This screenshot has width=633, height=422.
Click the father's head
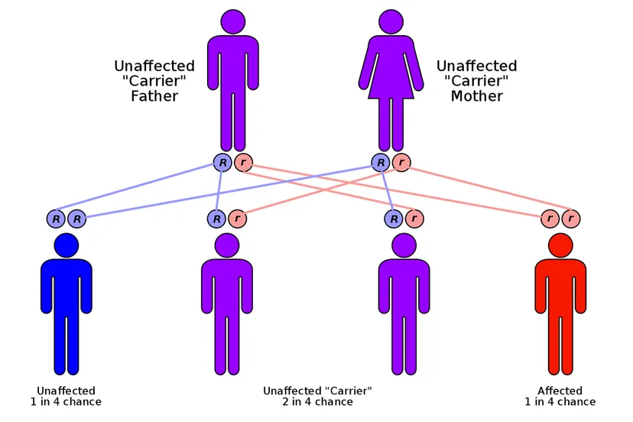click(x=232, y=21)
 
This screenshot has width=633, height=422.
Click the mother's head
click(x=391, y=21)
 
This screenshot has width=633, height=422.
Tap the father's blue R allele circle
click(x=222, y=162)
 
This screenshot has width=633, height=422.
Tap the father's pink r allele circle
click(x=243, y=162)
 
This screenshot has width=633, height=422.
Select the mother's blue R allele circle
click(x=381, y=162)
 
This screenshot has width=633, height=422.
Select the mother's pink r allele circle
click(x=401, y=162)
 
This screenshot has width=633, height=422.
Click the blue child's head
click(x=67, y=245)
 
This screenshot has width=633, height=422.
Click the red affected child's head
click(x=560, y=245)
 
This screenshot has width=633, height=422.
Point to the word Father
click(x=154, y=96)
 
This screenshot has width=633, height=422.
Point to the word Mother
click(x=477, y=96)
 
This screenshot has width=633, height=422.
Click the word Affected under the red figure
click(x=560, y=391)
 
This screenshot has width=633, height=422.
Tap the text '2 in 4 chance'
click(x=317, y=402)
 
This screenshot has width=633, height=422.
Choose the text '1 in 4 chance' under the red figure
click(x=560, y=402)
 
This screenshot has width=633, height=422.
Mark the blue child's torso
click(x=67, y=287)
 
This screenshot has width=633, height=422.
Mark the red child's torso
click(x=560, y=287)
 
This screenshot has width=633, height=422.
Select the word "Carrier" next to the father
click(x=154, y=81)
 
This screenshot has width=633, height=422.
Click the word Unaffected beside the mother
click(x=477, y=67)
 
